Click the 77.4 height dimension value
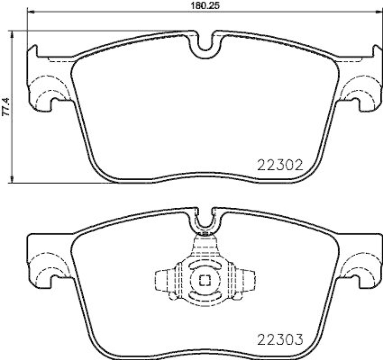6,106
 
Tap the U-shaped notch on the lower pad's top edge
206,221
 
